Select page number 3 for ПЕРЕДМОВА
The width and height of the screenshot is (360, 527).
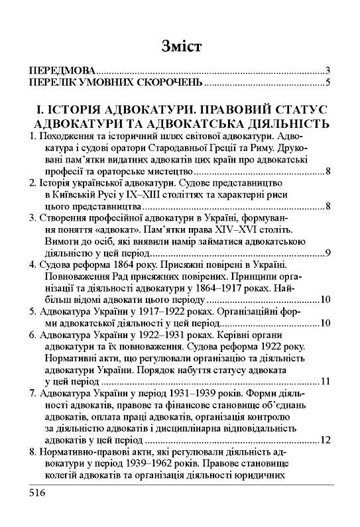click(328, 70)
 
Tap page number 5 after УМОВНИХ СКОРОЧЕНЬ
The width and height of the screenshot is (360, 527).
click(328, 83)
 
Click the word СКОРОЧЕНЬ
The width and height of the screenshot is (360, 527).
click(168, 83)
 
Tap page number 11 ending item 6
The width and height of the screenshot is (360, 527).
click(325, 399)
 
